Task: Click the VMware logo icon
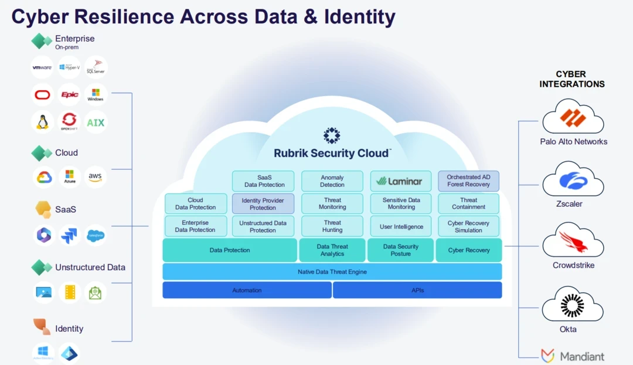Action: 42,67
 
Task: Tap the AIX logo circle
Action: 96,122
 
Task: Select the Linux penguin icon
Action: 42,122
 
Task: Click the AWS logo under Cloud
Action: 96,177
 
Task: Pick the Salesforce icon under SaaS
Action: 96,236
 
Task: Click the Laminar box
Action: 401,181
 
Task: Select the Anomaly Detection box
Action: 332,181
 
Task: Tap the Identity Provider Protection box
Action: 263,204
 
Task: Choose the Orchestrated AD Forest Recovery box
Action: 468,181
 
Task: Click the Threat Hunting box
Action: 332,226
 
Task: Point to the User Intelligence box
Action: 401,226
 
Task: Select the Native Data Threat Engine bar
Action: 332,272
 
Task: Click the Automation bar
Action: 247,290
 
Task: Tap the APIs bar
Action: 417,290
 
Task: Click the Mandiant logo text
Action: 581,356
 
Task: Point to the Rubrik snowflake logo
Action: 332,135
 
